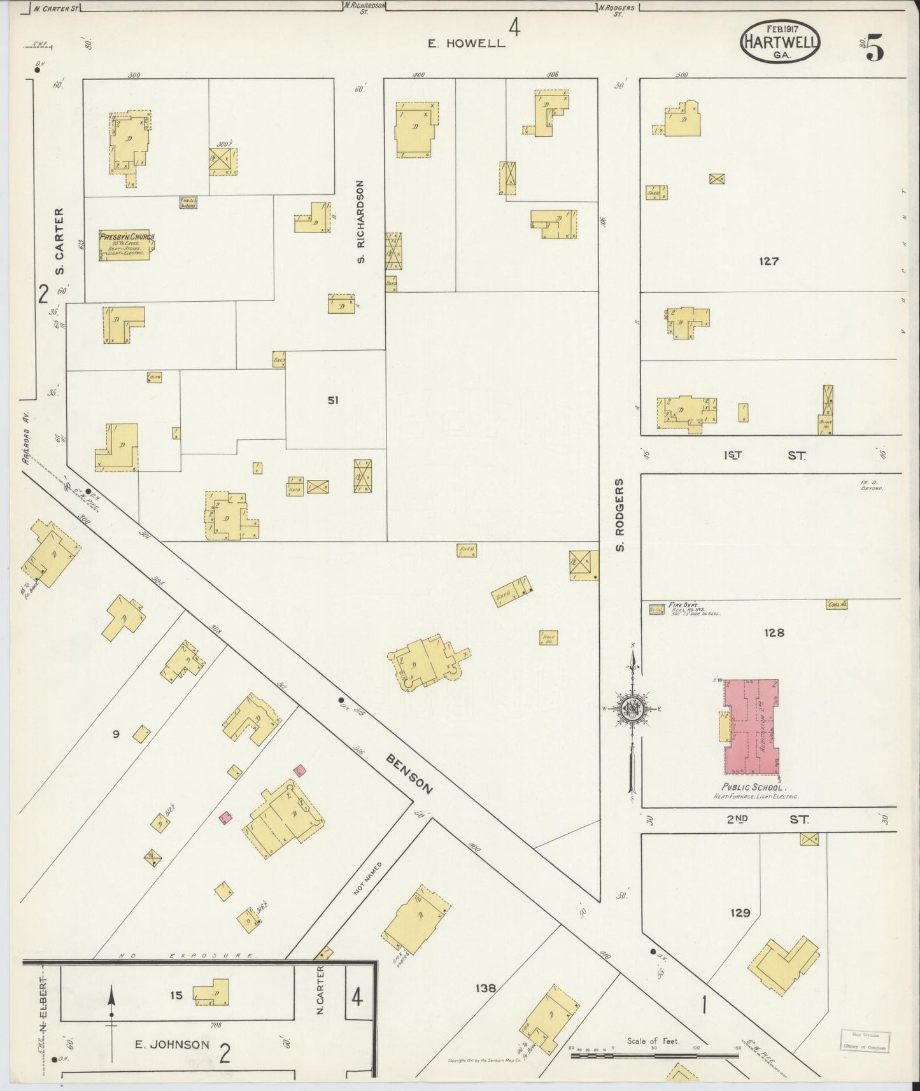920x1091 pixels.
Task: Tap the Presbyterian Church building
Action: pos(126,245)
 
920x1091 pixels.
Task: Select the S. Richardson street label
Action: pos(360,222)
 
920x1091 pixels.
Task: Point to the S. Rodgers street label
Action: pos(620,515)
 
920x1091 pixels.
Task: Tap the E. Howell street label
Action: pos(466,43)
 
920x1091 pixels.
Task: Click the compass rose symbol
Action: pos(632,707)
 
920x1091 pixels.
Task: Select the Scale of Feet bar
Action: pos(654,1055)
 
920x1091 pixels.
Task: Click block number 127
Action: pos(768,261)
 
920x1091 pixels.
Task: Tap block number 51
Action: pos(333,400)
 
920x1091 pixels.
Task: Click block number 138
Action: pos(485,988)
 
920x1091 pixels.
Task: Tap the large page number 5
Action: pos(875,48)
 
